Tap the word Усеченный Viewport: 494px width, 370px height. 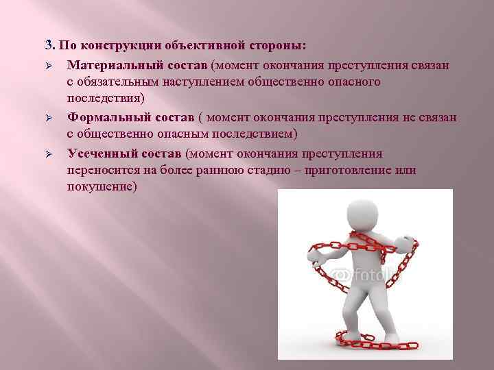coord(100,153)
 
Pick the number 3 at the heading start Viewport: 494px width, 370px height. coord(48,46)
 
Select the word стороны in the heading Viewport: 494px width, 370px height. coord(278,46)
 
